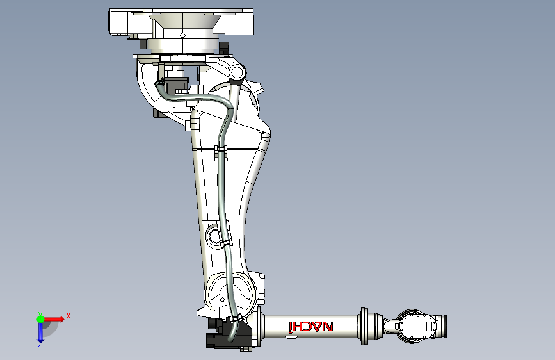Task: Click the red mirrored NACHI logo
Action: click(311, 327)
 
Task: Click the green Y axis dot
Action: click(40, 318)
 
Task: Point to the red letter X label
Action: click(68, 316)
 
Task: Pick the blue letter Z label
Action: click(40, 345)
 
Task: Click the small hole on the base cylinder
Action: click(182, 35)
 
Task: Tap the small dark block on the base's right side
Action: click(223, 48)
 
